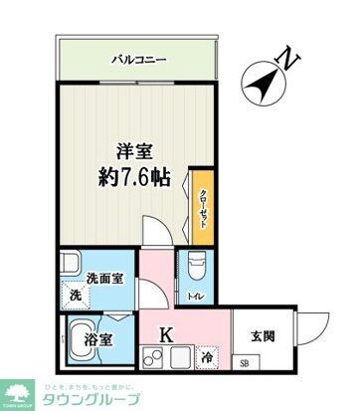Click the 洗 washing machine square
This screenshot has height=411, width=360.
(x=74, y=296)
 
